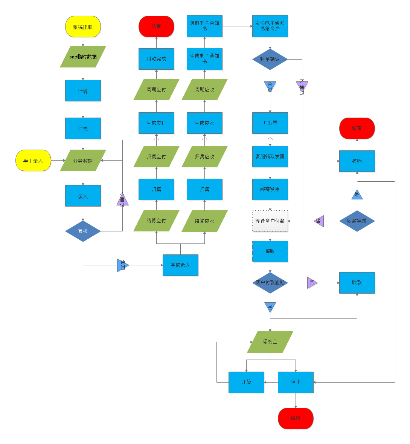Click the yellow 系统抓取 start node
pos(83,27)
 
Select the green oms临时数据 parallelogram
pos(83,57)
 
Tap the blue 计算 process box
pos(83,90)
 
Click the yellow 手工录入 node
pos(33,161)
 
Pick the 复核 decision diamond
pos(83,231)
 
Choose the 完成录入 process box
pos(180,265)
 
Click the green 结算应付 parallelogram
pos(156,220)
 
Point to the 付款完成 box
pos(156,59)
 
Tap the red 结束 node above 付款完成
pos(156,27)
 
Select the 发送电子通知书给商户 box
pos(270,26)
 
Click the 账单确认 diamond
pos(270,59)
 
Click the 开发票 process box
pos(270,123)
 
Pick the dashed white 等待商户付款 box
pos(270,221)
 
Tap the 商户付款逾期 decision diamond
pos(270,283)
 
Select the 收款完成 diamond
pos(357,221)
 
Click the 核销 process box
pos(357,161)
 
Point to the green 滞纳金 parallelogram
pos(270,342)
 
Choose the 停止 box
pos(296,382)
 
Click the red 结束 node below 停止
pos(296,418)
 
